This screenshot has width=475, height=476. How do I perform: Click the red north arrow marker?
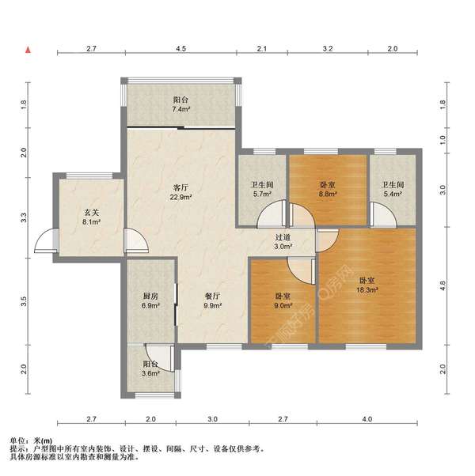pyautogui.click(x=28, y=50)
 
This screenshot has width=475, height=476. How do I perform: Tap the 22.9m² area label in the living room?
pyautogui.click(x=180, y=197)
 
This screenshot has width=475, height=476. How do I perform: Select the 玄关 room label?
pyautogui.click(x=92, y=213)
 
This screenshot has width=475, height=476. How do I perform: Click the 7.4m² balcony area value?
pyautogui.click(x=181, y=109)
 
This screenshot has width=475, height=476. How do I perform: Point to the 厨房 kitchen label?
pyautogui.click(x=150, y=296)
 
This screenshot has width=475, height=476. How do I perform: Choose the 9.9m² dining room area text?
pyautogui.click(x=212, y=306)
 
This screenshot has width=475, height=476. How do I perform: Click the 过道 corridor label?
pyautogui.click(x=283, y=237)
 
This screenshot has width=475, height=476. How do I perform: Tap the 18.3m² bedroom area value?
pyautogui.click(x=367, y=290)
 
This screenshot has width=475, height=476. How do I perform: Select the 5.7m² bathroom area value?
pyautogui.click(x=262, y=194)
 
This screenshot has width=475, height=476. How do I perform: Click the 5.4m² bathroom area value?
pyautogui.click(x=393, y=194)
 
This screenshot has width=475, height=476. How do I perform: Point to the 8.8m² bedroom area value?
pyautogui.click(x=327, y=194)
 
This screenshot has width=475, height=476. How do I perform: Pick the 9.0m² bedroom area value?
pyautogui.click(x=283, y=306)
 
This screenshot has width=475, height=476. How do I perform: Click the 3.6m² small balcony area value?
pyautogui.click(x=150, y=373)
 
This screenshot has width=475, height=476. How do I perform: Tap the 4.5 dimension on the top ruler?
pyautogui.click(x=180, y=48)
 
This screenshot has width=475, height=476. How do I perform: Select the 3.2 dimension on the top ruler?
pyautogui.click(x=328, y=48)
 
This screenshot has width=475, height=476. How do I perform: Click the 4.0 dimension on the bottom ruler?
pyautogui.click(x=367, y=419)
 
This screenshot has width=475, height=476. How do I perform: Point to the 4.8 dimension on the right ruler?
pyautogui.click(x=443, y=285)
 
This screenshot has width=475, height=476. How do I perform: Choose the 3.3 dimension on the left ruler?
pyautogui.click(x=24, y=217)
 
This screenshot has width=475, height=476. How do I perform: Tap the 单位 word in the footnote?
pyautogui.click(x=17, y=440)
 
